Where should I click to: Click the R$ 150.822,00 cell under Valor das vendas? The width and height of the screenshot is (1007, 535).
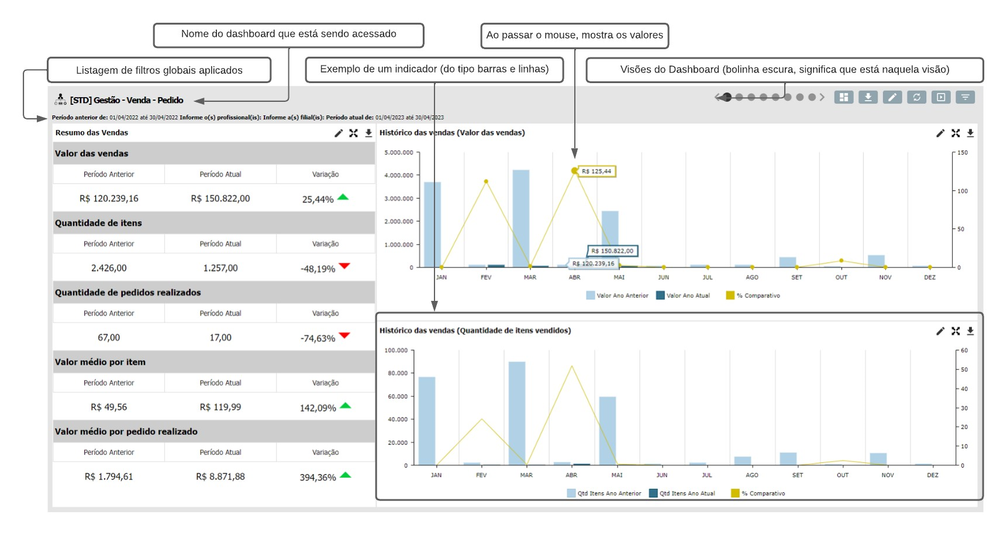[220, 198]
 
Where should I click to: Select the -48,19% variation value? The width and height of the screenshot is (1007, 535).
[318, 269]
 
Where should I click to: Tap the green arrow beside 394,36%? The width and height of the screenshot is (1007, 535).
[345, 475]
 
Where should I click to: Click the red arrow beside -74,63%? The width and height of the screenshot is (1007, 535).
[344, 335]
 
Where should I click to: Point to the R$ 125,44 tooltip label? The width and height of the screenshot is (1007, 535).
[596, 172]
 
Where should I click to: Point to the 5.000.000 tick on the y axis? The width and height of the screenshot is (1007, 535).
[399, 153]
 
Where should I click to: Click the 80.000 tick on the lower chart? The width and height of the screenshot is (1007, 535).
[398, 373]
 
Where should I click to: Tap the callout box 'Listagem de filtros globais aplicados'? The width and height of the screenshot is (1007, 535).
[159, 70]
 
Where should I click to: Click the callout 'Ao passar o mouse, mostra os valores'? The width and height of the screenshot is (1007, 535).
[574, 35]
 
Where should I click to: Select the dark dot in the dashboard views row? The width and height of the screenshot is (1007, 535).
[727, 97]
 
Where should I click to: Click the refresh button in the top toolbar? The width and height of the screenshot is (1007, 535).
[916, 97]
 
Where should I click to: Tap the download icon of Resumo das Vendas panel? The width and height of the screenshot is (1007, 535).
[368, 133]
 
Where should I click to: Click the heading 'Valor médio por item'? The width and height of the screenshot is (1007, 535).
[100, 362]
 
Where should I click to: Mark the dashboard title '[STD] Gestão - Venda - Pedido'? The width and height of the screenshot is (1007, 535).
[127, 100]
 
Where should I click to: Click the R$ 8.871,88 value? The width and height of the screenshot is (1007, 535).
[220, 476]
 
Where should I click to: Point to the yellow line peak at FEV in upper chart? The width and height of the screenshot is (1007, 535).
[486, 181]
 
